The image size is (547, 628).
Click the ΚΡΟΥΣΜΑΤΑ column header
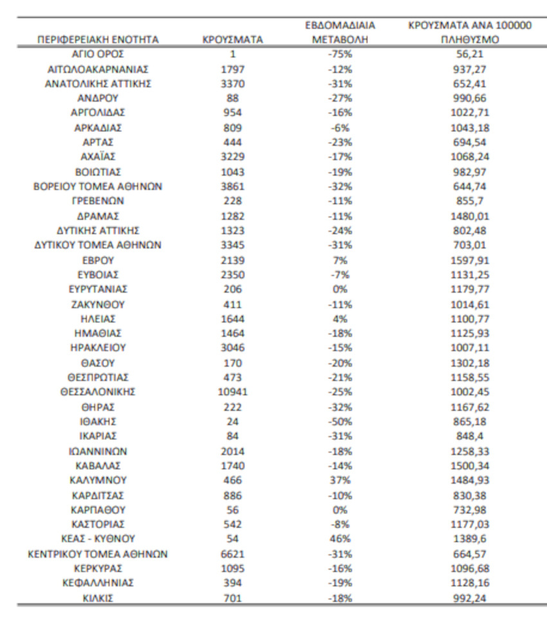[232, 41]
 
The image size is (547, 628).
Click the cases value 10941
[232, 391]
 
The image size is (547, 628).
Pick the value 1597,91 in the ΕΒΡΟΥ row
[472, 259]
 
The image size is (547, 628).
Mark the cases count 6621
[232, 553]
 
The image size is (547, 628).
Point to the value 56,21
[472, 54]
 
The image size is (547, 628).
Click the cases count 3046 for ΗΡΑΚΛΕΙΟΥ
[232, 347]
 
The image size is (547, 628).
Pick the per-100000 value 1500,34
[472, 465]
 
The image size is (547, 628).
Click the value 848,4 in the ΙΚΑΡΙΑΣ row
[472, 436]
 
